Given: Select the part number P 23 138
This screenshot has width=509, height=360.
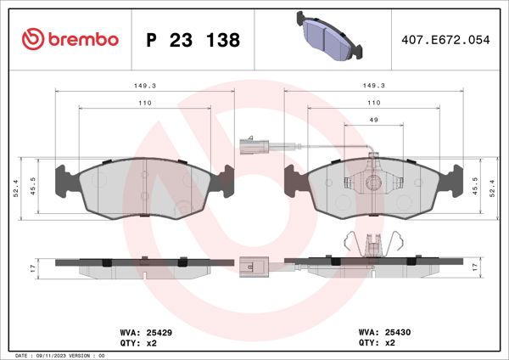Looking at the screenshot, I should pyautogui.click(x=193, y=40).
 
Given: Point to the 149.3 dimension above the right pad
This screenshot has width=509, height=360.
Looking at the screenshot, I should pyautogui.click(x=374, y=85).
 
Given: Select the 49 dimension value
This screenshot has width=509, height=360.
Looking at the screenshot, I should pyautogui.click(x=374, y=120).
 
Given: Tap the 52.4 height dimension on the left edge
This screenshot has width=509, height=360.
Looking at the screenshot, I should pyautogui.click(x=17, y=191).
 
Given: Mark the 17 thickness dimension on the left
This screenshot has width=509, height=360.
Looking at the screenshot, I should pyautogui.click(x=33, y=267).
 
